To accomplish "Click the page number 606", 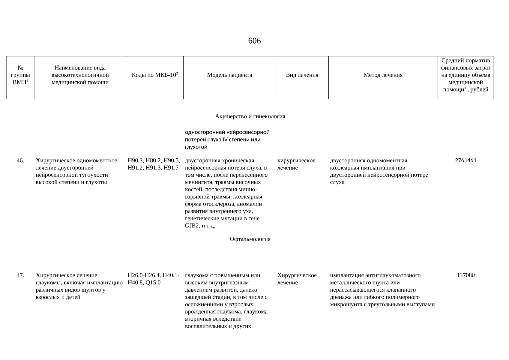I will point(254,41).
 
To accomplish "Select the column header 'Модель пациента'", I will point(229,75).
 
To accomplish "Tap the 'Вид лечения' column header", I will point(302,75).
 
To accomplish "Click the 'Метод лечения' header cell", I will point(383,75).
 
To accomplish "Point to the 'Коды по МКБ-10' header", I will point(154,75).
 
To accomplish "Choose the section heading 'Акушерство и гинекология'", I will point(250,116).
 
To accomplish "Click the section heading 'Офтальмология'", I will point(250,239).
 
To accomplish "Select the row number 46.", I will point(20,160).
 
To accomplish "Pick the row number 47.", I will point(20,275).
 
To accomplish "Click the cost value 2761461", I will point(466,160).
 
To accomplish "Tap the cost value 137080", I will point(466,275).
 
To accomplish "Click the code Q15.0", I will point(153,283).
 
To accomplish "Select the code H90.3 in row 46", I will point(136,160).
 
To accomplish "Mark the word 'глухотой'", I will point(196,147).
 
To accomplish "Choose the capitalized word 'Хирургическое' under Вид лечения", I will point(297,275).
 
